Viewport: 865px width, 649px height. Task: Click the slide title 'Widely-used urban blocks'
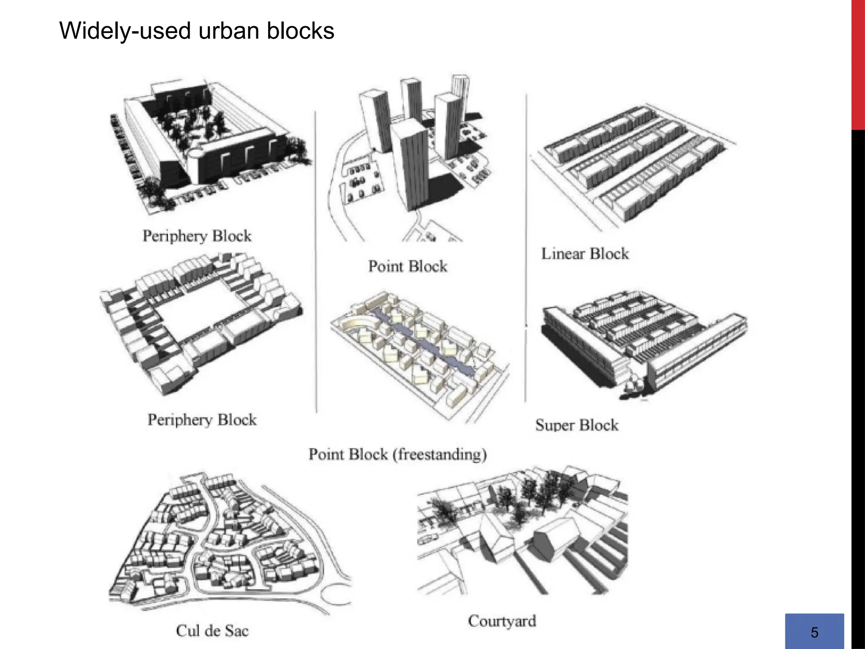(197, 31)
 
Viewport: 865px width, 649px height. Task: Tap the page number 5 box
(814, 631)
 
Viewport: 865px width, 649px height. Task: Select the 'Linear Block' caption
(585, 254)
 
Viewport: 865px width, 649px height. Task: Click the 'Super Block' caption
(577, 425)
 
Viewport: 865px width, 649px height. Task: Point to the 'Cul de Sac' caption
(212, 631)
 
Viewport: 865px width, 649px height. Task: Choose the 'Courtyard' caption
(502, 621)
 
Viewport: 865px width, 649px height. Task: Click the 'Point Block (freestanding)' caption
(397, 455)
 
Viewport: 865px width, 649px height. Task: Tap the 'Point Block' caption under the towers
(408, 266)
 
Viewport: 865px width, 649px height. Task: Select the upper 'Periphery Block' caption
(197, 236)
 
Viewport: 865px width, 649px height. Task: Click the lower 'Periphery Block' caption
(202, 420)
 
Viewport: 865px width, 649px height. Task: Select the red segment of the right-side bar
(858, 63)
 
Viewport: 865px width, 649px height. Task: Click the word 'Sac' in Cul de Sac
(237, 631)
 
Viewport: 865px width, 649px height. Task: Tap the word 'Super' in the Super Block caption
(554, 425)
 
